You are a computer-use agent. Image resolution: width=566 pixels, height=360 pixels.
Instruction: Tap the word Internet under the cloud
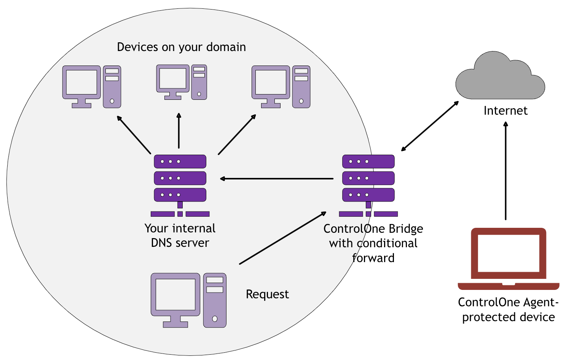point(505,110)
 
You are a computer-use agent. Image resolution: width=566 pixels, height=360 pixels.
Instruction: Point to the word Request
point(267,294)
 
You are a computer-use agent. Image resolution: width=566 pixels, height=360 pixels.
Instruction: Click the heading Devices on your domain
point(181,47)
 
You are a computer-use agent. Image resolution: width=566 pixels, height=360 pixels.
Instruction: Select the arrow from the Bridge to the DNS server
point(277,178)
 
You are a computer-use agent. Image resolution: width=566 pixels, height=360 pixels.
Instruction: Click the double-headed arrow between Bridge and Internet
point(430,126)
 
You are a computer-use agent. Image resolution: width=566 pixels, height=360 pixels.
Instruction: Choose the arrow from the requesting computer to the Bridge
point(283,238)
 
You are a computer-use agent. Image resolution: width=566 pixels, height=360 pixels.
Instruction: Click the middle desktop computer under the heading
point(182,82)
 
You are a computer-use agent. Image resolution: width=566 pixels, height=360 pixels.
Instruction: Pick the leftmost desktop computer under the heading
point(92,87)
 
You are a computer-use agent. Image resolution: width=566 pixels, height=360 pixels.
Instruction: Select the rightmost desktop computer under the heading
point(281,87)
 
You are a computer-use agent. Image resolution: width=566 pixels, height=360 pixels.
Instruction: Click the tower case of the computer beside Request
point(215,300)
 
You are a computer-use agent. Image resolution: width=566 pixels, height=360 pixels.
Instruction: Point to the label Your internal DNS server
point(180,235)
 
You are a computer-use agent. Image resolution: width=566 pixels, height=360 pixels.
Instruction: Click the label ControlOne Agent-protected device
point(508,309)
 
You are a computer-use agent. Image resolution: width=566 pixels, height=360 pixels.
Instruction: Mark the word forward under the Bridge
point(373,258)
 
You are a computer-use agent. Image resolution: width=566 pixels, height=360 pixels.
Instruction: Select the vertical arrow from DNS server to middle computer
point(179,131)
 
